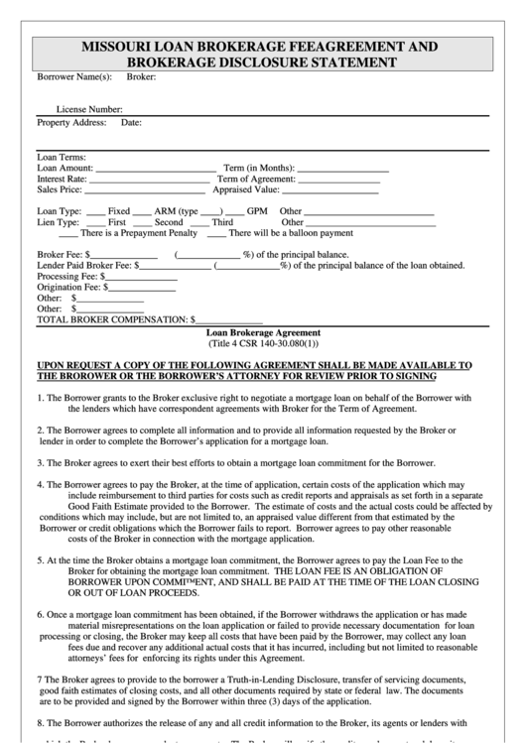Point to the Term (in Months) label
(258, 169)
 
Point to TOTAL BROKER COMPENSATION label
(112, 320)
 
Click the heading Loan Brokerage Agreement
(263, 332)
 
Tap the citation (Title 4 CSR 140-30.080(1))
(264, 343)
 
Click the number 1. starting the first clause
(41, 398)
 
